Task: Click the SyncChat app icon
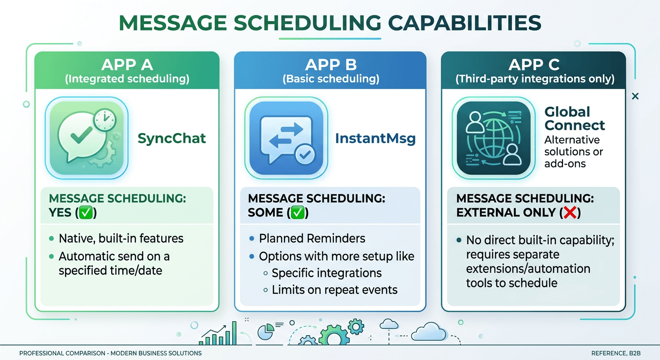tap(86, 138)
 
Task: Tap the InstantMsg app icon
tap(286, 138)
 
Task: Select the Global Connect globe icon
tap(493, 138)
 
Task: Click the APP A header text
tap(127, 65)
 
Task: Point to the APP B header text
tap(330, 65)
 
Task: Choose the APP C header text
tap(534, 65)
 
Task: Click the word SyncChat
tap(172, 138)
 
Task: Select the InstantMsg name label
tap(375, 139)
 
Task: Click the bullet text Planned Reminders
tap(312, 238)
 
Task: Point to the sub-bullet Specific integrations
tap(327, 273)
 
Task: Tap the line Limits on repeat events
tap(335, 290)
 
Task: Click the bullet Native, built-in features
tap(121, 238)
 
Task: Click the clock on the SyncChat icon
tap(105, 120)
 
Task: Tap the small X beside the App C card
tap(635, 96)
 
